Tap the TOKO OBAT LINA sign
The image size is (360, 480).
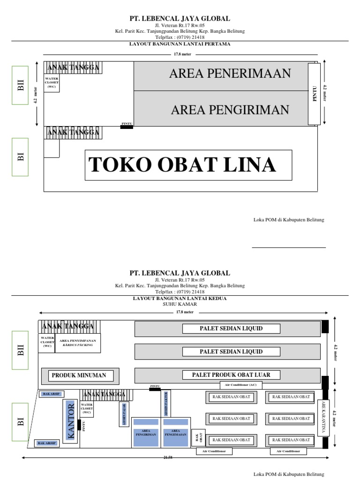[x=182, y=165]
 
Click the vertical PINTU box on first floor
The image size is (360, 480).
[x=314, y=94]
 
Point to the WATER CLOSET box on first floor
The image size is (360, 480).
[x=52, y=82]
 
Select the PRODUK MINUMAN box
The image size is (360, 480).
[x=79, y=375]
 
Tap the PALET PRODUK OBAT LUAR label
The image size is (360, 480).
[x=230, y=375]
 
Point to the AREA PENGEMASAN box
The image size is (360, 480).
[x=176, y=433]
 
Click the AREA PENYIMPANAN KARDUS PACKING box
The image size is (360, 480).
[x=78, y=343]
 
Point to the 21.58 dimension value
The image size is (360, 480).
[x=175, y=458]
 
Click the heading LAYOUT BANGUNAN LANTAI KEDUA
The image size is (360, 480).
[x=180, y=298]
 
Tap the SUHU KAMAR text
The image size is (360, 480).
[x=180, y=304]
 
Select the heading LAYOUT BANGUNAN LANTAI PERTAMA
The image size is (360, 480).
[x=180, y=44]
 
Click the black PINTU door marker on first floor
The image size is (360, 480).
[x=127, y=127]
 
